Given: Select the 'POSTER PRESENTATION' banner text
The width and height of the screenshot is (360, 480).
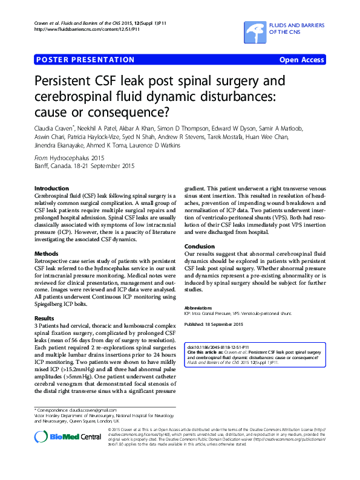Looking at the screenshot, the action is coord(85,60).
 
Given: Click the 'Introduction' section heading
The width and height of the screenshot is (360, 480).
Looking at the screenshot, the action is coord(51,189).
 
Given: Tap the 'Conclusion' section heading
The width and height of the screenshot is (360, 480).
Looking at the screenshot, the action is coord(200,247).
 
